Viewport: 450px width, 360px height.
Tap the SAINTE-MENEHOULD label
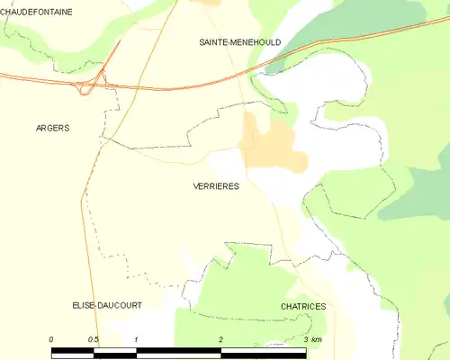(239, 42)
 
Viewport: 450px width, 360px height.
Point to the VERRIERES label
(216, 185)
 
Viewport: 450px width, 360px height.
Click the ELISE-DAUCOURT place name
(107, 305)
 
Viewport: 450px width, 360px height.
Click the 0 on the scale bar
(51, 338)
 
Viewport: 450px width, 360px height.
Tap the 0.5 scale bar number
(94, 338)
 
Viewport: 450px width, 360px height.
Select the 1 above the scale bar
(136, 338)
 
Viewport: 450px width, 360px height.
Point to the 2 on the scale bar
(220, 338)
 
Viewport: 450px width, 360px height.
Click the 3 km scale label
(311, 338)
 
